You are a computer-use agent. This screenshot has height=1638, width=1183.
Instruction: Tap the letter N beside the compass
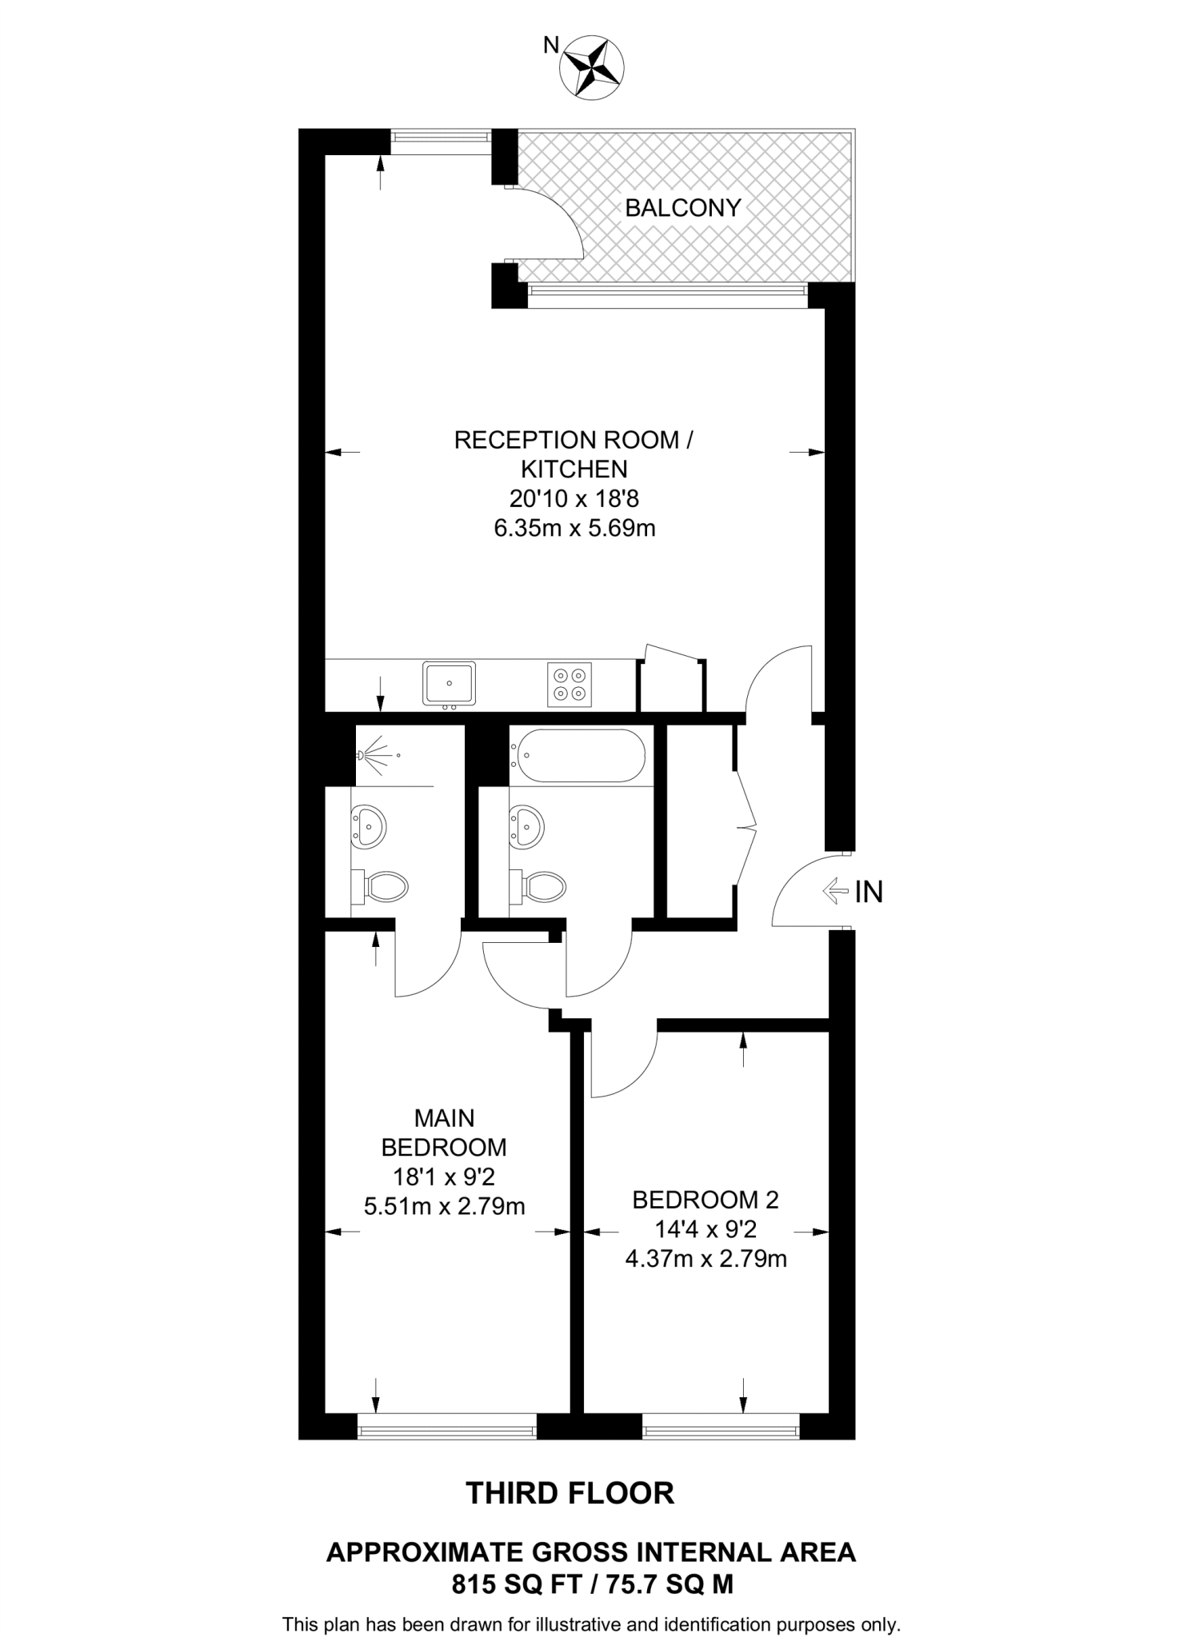tap(551, 46)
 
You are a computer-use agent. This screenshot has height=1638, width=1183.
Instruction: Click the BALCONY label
tap(682, 208)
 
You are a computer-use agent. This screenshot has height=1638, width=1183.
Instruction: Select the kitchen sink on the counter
tap(449, 684)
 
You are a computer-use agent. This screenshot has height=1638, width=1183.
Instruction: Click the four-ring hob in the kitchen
tap(570, 684)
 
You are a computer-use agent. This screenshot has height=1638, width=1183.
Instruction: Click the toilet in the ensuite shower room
tap(382, 885)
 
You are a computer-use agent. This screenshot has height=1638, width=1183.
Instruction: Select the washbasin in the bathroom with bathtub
tap(528, 825)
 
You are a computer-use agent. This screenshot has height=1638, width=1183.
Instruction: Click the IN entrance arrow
tap(835, 890)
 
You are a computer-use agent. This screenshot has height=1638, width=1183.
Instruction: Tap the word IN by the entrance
tap(869, 892)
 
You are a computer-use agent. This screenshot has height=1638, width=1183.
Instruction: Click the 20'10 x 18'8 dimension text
tap(574, 499)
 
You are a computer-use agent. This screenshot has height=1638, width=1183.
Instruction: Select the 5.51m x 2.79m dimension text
tap(444, 1205)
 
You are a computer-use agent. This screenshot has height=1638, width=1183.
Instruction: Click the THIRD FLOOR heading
tap(570, 1492)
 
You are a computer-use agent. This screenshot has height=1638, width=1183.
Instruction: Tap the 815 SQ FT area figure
tap(512, 1584)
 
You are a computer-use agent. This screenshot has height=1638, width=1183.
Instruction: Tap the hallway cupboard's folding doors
tap(746, 826)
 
